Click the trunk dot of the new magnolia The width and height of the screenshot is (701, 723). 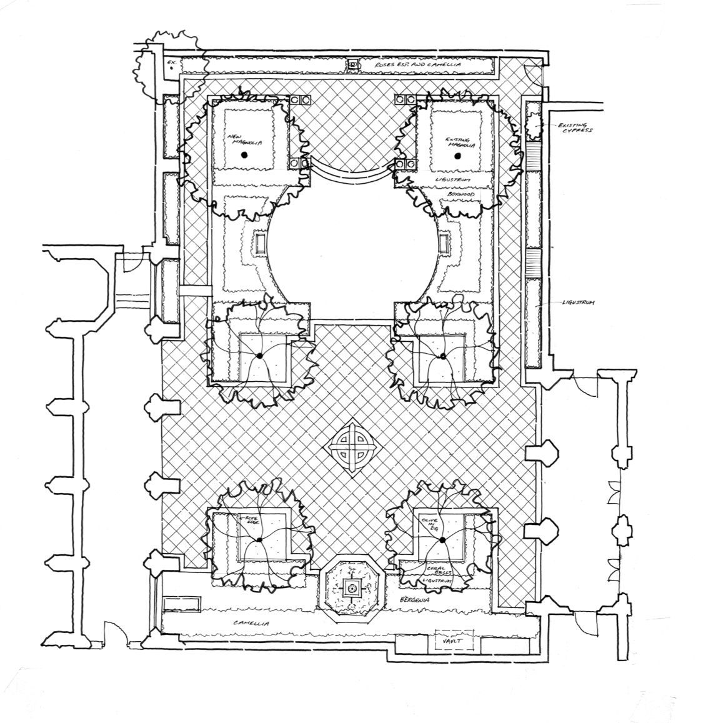[x=246, y=154]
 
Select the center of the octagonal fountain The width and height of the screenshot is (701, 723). [x=350, y=588]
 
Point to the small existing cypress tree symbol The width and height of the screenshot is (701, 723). [x=535, y=127]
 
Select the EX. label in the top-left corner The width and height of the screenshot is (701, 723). [x=173, y=63]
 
